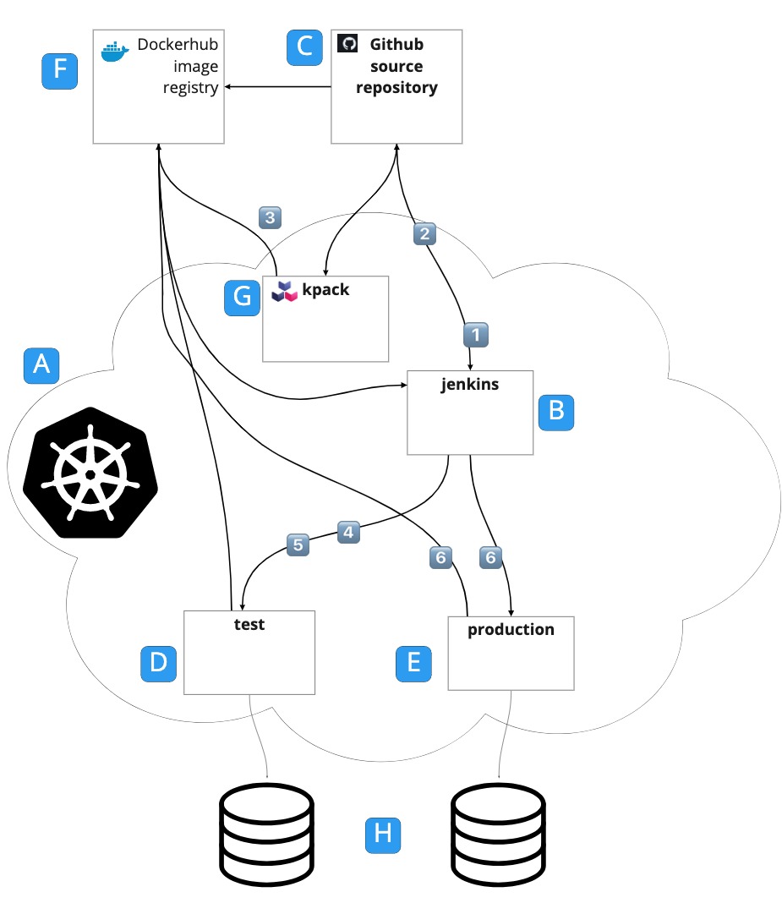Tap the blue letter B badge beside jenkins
click(x=556, y=412)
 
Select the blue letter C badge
click(x=304, y=48)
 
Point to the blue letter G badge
click(x=243, y=298)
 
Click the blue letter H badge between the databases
click(x=382, y=834)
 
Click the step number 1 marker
click(x=476, y=335)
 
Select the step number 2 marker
click(x=424, y=233)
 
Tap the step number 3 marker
click(x=269, y=216)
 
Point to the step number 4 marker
click(x=349, y=533)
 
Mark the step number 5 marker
click(x=298, y=545)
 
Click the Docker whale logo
click(x=114, y=52)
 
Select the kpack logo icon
click(x=283, y=292)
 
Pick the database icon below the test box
click(x=266, y=835)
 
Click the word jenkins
click(x=470, y=385)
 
